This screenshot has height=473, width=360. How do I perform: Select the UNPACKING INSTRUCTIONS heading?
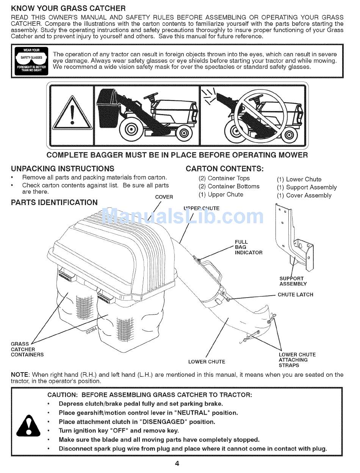coord(63,169)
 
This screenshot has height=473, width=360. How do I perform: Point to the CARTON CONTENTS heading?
coord(224,169)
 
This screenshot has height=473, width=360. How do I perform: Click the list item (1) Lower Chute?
coord(299,179)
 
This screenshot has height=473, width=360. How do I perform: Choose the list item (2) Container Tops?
coord(224,178)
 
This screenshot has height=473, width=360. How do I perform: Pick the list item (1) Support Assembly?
coord(307,187)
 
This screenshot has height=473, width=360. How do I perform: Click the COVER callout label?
coord(164,197)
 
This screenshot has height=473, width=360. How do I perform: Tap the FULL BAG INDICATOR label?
coord(248,247)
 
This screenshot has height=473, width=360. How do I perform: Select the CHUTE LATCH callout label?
coord(296,294)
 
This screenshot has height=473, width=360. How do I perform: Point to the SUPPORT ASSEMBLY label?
coord(293,281)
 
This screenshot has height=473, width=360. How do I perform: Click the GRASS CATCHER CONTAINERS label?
coord(27,349)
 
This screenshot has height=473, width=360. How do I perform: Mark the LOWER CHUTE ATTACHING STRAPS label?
coord(297,360)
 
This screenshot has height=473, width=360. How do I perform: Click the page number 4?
coord(177,463)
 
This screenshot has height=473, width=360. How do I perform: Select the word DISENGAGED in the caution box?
coord(163,422)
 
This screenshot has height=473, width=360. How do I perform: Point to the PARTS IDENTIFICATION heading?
coord(54,202)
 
